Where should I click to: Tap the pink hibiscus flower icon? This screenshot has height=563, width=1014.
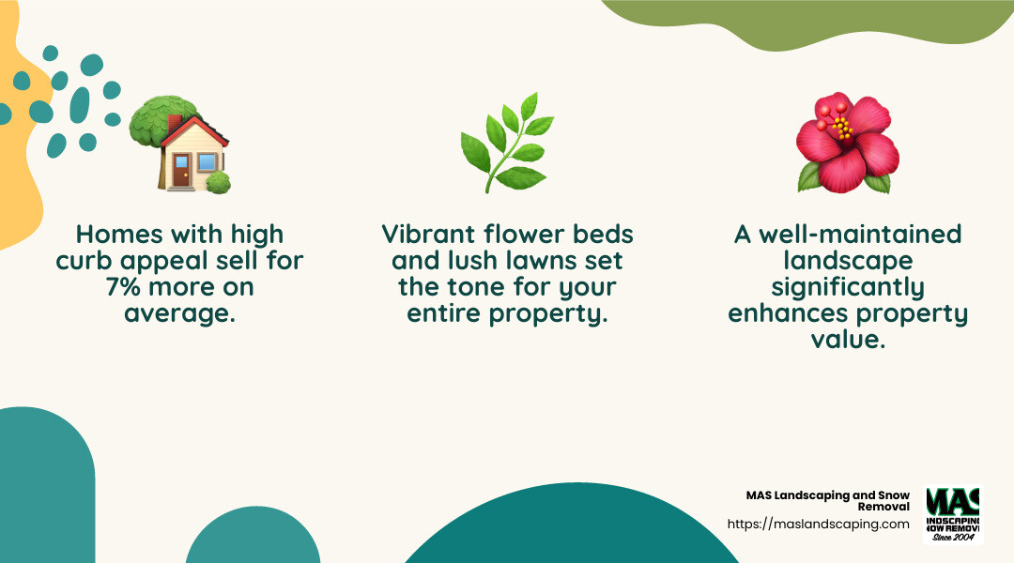coord(848,145)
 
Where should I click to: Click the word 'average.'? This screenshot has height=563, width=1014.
coord(179,313)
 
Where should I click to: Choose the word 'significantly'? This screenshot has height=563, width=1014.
coord(848,286)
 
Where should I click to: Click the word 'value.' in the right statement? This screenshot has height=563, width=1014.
coord(848,339)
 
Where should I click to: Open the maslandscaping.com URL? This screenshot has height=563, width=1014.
coord(818,524)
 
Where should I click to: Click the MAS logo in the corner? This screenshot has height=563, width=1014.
coord(953,514)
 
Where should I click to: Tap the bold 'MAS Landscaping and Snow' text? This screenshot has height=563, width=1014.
coord(827,495)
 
